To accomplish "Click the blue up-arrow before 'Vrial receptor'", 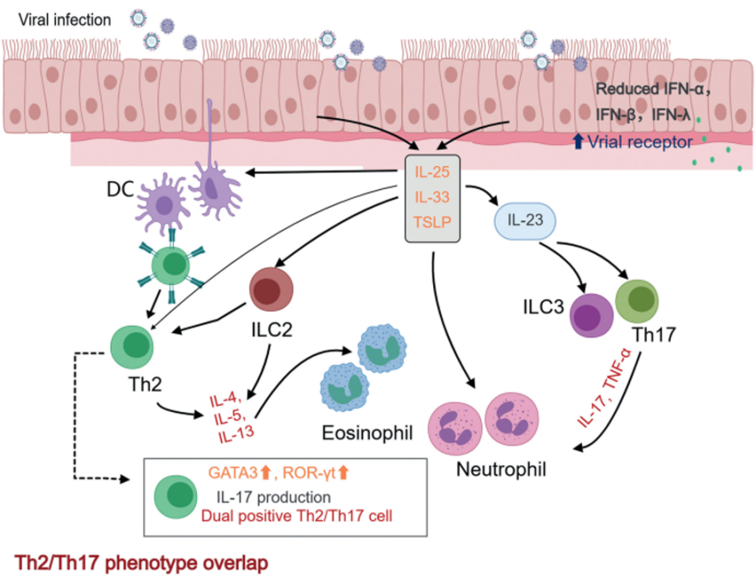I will pyautogui.click(x=579, y=142).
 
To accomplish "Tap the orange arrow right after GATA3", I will pyautogui.click(x=265, y=474).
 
